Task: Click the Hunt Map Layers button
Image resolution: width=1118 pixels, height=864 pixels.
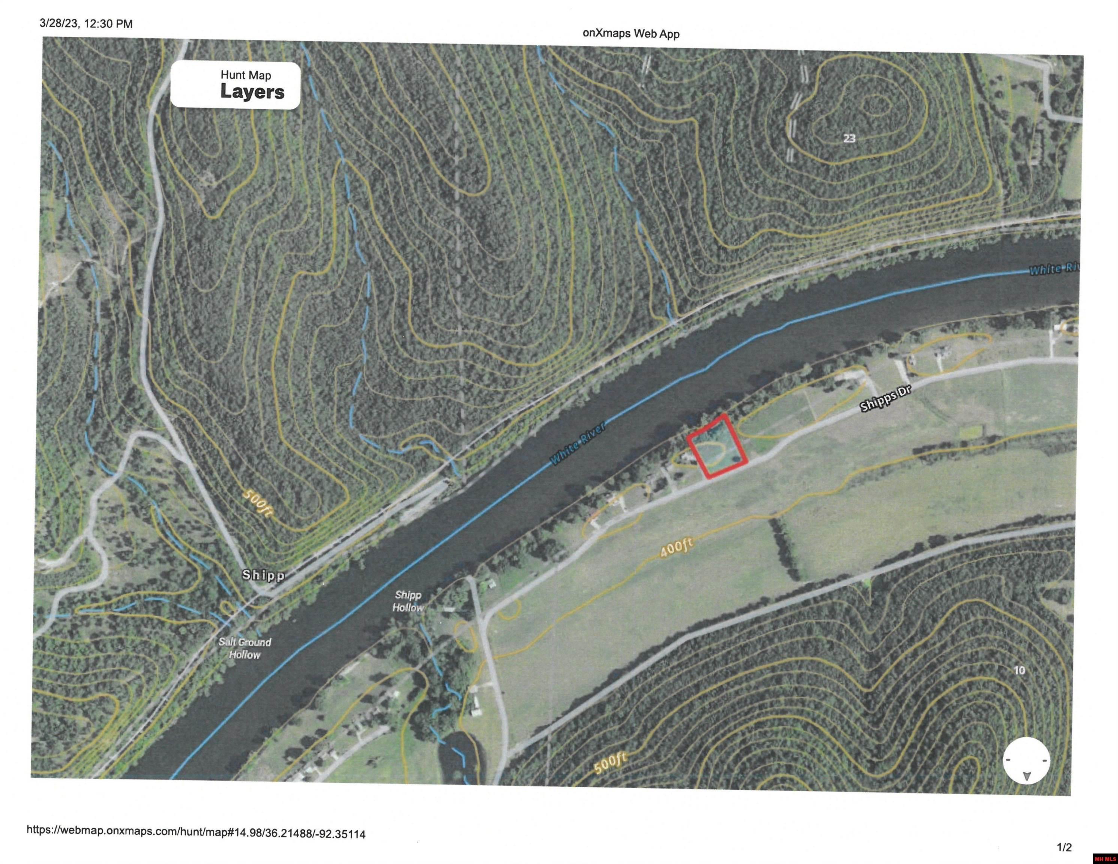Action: [236, 85]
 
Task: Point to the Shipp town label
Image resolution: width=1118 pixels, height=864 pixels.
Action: [263, 575]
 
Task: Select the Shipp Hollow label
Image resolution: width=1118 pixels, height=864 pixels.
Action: [408, 601]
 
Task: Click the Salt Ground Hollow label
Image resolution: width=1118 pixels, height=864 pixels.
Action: [245, 648]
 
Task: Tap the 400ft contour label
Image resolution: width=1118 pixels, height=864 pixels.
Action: [676, 548]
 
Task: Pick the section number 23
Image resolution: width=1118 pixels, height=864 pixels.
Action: [849, 138]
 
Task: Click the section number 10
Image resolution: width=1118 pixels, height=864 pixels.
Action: [1019, 670]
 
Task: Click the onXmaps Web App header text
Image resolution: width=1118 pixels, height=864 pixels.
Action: [631, 34]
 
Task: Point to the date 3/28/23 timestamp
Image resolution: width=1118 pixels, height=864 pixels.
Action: [86, 24]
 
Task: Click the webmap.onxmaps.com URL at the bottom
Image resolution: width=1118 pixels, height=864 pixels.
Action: [196, 832]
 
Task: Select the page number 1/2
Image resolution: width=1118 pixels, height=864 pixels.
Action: [1064, 847]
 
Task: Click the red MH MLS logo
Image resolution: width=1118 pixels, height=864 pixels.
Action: [1105, 859]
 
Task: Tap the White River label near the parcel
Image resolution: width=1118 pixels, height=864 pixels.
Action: [578, 443]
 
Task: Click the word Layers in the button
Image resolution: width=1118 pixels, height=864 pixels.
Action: [252, 92]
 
